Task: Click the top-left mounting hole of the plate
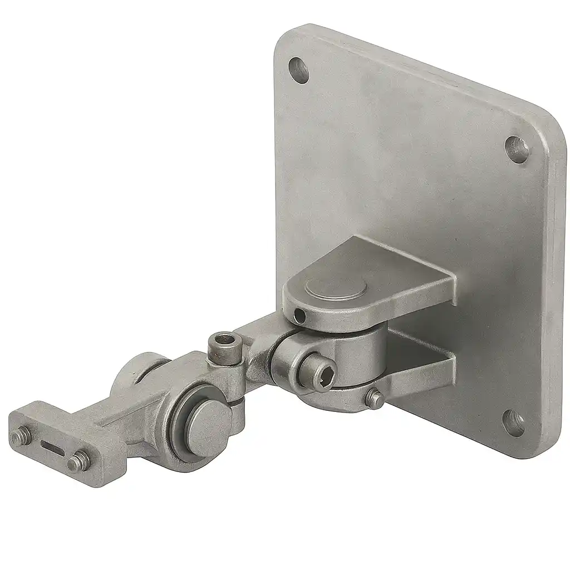pos(299,71)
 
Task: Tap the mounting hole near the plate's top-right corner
pos(517,149)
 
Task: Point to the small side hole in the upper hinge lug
pos(300,317)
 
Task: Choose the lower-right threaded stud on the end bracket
pos(77,462)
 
